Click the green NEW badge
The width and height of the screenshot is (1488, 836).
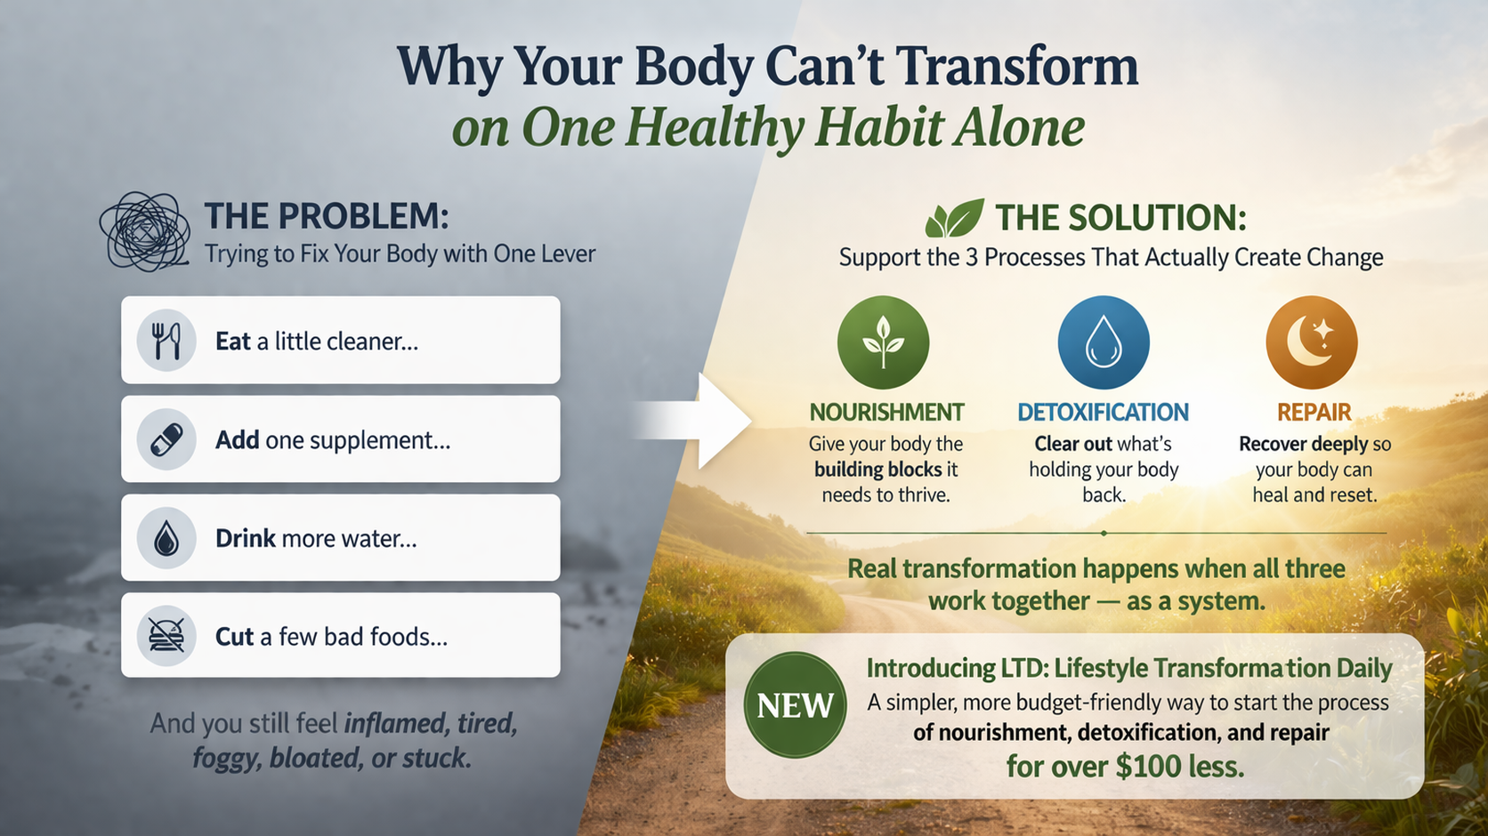tap(795, 705)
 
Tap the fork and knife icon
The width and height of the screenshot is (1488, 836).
tap(166, 341)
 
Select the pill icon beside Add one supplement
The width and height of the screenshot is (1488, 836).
tap(166, 439)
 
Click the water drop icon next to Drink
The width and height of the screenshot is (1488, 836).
tap(166, 538)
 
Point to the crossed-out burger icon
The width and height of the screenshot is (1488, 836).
tap(166, 636)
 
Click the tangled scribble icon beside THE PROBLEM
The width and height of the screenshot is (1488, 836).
tap(145, 231)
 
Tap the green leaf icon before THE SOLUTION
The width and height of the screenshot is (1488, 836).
tap(954, 219)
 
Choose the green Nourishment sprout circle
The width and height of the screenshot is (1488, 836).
tap(883, 342)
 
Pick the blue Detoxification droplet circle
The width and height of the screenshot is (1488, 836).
tap(1104, 342)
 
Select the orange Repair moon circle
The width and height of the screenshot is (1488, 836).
tap(1312, 342)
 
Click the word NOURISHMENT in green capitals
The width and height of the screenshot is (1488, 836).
tap(886, 413)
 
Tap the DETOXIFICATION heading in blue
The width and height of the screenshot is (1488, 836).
tap(1103, 413)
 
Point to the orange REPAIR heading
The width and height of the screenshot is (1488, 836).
tap(1314, 413)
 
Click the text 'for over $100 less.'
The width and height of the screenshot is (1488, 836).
tap(1125, 766)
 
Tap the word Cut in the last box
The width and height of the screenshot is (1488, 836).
tap(235, 637)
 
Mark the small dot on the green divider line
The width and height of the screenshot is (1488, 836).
tap(1104, 534)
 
